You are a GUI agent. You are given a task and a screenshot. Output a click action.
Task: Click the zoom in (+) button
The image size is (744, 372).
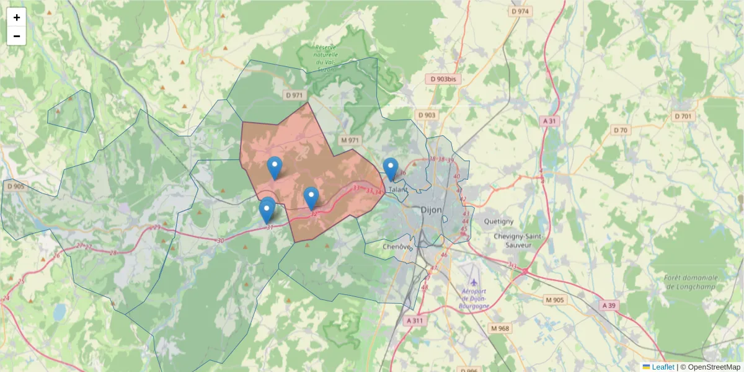17,17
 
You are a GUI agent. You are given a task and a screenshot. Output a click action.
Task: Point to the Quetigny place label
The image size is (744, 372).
499,221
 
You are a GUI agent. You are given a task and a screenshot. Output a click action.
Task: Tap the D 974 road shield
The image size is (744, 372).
521,11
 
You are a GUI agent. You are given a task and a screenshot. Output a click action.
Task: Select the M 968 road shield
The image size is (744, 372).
499,327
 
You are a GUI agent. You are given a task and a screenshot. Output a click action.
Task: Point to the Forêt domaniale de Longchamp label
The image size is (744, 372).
690,282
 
